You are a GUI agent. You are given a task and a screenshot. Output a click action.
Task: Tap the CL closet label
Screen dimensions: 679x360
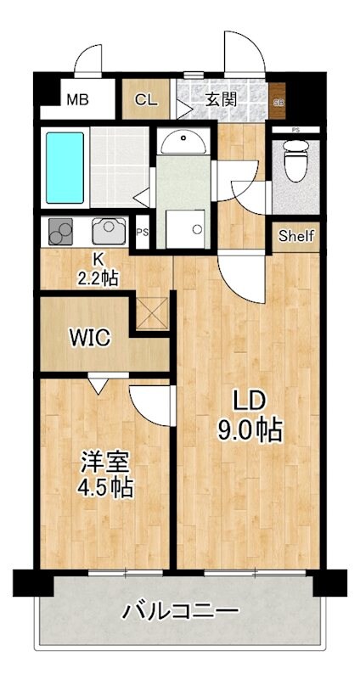pyautogui.click(x=146, y=99)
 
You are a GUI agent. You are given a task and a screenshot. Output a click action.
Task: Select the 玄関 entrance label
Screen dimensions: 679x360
pyautogui.click(x=220, y=98)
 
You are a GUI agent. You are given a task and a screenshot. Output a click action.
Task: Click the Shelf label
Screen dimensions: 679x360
pyautogui.click(x=296, y=236)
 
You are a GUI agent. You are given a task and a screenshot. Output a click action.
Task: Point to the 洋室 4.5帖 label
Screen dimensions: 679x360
pyautogui.click(x=105, y=475)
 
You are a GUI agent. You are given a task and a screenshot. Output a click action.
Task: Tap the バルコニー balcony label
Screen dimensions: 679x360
pyautogui.click(x=180, y=611)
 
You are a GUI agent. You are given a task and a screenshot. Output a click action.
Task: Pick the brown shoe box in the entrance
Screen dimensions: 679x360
pyautogui.click(x=278, y=99)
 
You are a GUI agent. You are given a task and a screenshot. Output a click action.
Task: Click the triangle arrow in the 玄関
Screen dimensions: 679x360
pyautogui.click(x=183, y=108)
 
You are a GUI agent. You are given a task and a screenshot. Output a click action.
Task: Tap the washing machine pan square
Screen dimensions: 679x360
pyautogui.click(x=185, y=228)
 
